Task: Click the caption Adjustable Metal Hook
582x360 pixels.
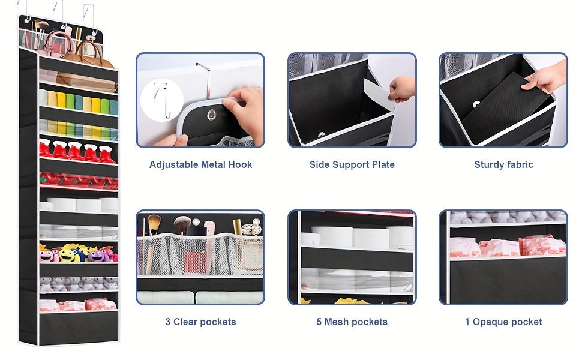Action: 200,164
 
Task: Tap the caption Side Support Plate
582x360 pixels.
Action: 352,164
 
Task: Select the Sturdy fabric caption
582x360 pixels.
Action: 503,164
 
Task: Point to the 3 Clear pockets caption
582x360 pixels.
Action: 200,322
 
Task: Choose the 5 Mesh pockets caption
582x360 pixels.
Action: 352,322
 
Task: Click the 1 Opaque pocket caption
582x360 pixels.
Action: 503,322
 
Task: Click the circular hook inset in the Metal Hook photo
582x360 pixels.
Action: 162,100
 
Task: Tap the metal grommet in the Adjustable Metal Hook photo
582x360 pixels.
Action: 212,115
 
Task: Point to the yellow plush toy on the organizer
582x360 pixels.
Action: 67,254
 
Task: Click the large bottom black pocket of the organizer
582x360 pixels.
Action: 79,328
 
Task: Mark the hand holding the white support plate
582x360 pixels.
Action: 401,88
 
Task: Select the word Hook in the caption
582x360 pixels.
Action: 240,164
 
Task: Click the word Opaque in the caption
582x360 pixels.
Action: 490,322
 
